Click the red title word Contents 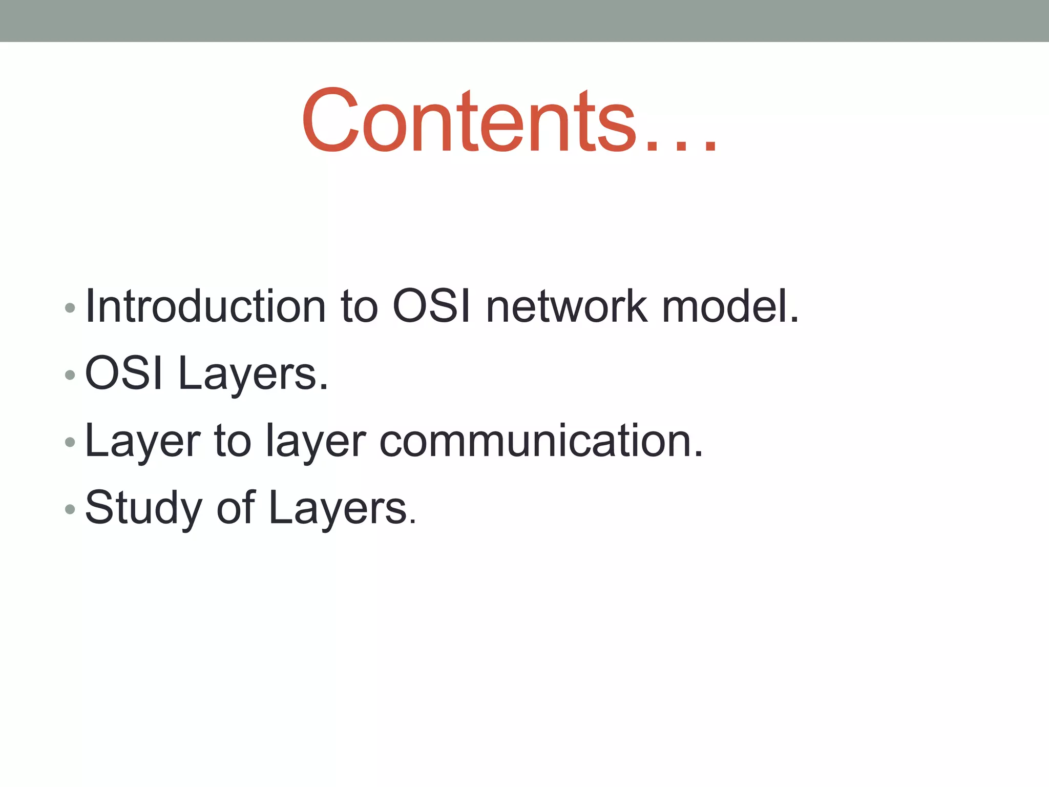(x=469, y=122)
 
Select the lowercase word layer (x=316, y=442)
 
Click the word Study (x=143, y=508)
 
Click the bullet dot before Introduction (x=70, y=308)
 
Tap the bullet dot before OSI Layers (x=70, y=375)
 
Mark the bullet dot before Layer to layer (x=70, y=442)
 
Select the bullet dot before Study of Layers (x=70, y=509)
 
